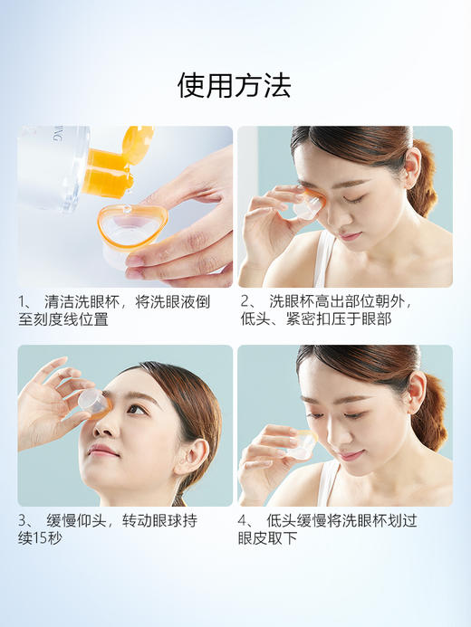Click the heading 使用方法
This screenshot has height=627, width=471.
[235, 86]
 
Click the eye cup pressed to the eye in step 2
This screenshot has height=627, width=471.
[303, 207]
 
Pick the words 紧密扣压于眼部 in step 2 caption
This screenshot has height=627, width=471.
[349, 319]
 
